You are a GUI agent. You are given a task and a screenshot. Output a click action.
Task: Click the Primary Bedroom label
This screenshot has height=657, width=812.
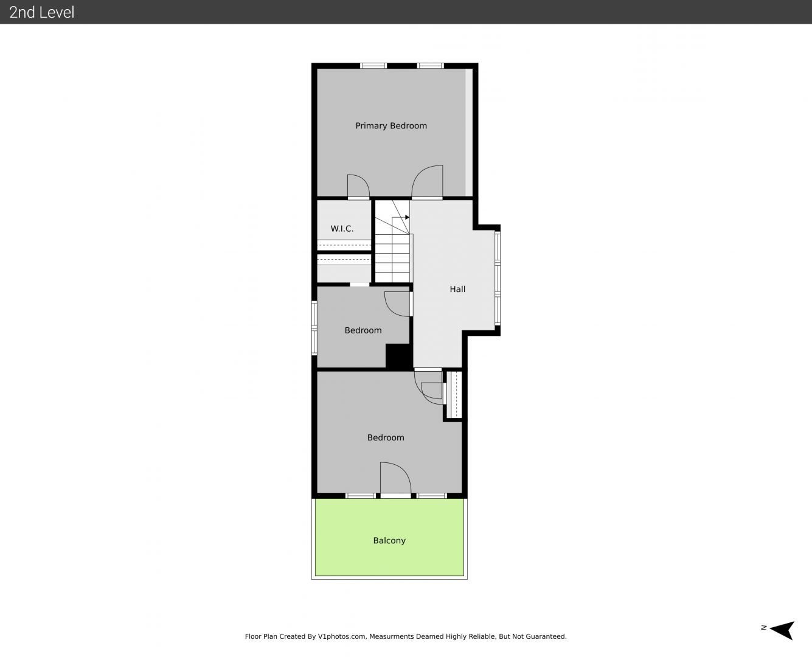point(390,126)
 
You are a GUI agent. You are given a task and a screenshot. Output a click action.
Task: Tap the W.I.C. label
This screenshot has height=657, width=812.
point(342,229)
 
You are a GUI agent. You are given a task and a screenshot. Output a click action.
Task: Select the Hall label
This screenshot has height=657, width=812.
point(457,289)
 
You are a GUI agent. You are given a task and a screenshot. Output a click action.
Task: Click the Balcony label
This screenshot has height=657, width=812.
point(389,541)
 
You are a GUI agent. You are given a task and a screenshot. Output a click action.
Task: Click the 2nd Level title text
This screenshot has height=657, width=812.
point(41,12)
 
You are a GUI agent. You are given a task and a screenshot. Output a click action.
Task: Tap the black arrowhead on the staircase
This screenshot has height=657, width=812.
point(407,217)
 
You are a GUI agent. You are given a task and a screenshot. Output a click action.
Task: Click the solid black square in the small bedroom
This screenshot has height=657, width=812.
point(399,356)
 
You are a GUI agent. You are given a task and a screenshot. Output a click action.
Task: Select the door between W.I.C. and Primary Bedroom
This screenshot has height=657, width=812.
point(358,187)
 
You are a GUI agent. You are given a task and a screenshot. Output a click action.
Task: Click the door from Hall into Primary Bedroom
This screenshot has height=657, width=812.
point(427,182)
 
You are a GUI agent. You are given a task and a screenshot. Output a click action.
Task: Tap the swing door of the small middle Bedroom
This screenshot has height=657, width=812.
point(398,304)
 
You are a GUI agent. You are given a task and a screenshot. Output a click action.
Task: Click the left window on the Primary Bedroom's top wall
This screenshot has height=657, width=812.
point(373,66)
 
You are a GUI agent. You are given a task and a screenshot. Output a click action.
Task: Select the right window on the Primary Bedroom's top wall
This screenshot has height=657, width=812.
point(431,66)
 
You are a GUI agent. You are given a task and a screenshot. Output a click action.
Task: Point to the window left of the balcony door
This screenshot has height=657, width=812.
point(361,496)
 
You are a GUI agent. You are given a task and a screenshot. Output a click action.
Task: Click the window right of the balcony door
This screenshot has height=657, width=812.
point(431,496)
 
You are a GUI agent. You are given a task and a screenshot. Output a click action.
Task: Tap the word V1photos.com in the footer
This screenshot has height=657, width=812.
point(342,636)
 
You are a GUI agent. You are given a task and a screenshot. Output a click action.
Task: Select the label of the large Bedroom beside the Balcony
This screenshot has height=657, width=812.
point(386,438)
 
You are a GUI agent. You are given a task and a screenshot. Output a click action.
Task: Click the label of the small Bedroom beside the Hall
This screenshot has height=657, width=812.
point(363,330)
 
